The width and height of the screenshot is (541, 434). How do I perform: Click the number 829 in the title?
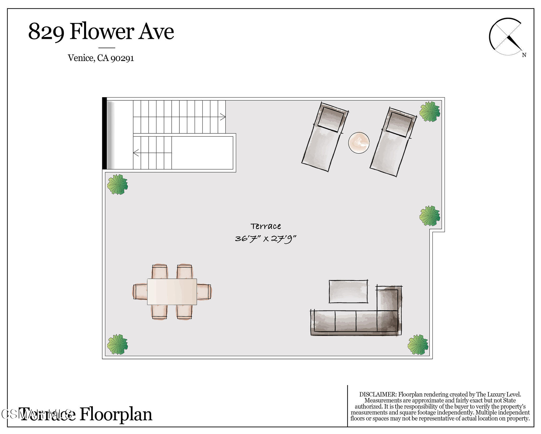click(x=46, y=32)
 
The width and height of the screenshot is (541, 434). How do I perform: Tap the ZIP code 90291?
click(x=122, y=58)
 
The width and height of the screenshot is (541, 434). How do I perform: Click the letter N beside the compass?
click(x=524, y=55)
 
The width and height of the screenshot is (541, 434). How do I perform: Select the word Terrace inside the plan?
click(x=265, y=226)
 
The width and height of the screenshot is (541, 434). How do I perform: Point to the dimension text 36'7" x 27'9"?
click(x=265, y=239)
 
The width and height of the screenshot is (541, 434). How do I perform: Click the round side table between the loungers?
click(x=359, y=143)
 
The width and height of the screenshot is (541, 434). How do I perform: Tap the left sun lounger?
click(x=325, y=137)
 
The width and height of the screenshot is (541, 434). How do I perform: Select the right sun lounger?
click(x=393, y=142)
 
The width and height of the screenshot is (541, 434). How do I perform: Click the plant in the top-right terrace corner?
click(x=430, y=112)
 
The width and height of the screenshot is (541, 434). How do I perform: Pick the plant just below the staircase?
click(x=118, y=184)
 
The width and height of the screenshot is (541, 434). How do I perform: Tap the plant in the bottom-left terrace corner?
click(x=118, y=344)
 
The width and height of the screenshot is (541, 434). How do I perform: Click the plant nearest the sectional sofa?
click(x=418, y=344)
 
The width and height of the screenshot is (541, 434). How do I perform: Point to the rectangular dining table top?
click(x=172, y=292)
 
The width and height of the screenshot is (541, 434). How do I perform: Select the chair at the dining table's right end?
click(x=204, y=292)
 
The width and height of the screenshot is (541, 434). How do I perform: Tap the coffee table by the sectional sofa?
click(x=348, y=291)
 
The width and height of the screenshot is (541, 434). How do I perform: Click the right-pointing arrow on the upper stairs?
click(x=223, y=117)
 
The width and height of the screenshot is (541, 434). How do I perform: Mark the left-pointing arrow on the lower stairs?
click(x=136, y=153)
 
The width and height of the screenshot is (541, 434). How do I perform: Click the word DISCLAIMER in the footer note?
click(x=378, y=394)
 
